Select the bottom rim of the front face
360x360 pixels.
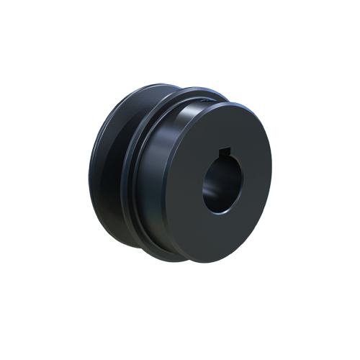(x=220, y=261)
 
